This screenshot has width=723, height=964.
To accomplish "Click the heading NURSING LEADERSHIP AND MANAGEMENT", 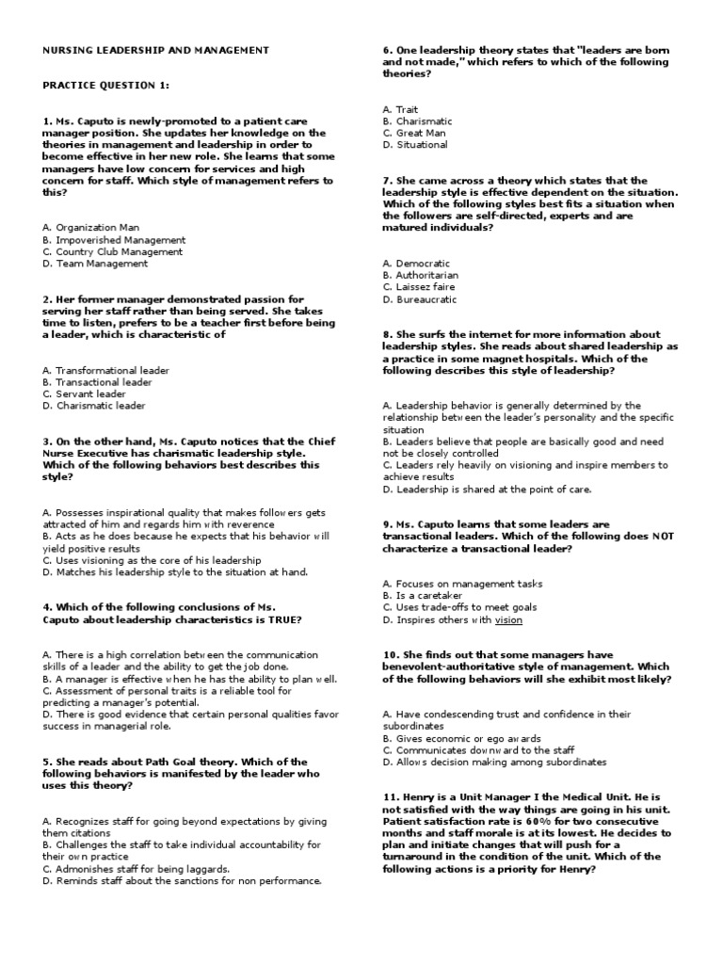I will (156, 50).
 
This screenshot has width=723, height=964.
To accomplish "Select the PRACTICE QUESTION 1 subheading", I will (105, 86).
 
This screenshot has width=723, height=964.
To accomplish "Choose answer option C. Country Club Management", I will (113, 252).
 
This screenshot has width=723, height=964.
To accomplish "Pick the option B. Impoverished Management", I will (114, 240).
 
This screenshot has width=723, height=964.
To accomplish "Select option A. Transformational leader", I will (106, 371).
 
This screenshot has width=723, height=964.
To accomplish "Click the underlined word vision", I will (508, 620).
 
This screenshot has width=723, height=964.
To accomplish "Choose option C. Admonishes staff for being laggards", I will (136, 869).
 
